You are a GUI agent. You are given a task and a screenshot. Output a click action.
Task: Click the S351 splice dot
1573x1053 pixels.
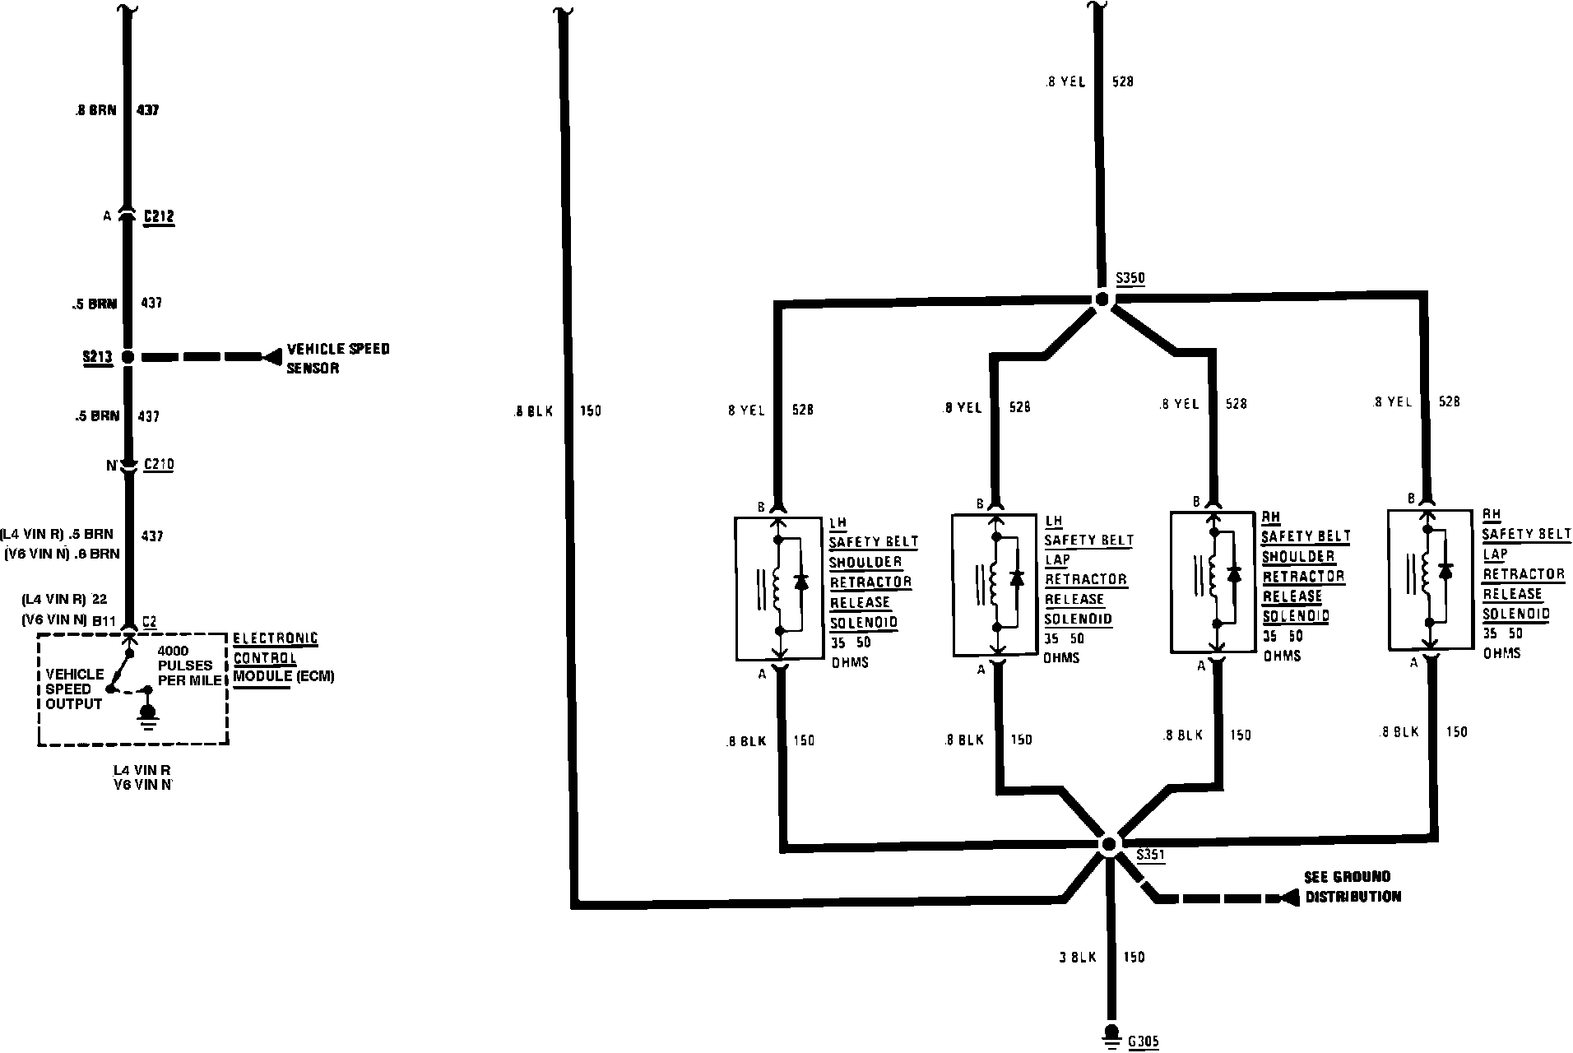(1108, 844)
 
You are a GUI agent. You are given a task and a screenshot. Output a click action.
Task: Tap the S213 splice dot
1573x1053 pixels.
(127, 357)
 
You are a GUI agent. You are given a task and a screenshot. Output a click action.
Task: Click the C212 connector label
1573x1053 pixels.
(159, 217)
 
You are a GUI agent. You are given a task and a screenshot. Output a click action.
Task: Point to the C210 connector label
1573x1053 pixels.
(159, 465)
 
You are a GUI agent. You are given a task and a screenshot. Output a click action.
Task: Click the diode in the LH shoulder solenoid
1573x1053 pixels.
(800, 582)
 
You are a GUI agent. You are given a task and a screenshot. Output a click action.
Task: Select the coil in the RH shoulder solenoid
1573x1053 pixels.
(1213, 575)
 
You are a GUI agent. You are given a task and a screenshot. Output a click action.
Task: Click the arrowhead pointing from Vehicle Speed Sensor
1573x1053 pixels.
(271, 357)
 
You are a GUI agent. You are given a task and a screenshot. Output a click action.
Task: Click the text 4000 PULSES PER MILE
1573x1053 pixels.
(190, 666)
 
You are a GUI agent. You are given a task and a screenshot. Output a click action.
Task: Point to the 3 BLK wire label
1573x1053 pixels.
(1078, 958)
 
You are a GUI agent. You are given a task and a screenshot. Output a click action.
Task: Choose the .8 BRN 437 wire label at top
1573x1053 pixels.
(115, 109)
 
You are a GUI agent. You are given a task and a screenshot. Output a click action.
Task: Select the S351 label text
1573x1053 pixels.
(1150, 855)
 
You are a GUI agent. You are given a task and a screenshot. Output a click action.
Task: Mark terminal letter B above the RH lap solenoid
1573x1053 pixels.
(1412, 499)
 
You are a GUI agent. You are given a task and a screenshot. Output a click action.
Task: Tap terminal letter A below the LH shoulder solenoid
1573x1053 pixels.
(762, 673)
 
